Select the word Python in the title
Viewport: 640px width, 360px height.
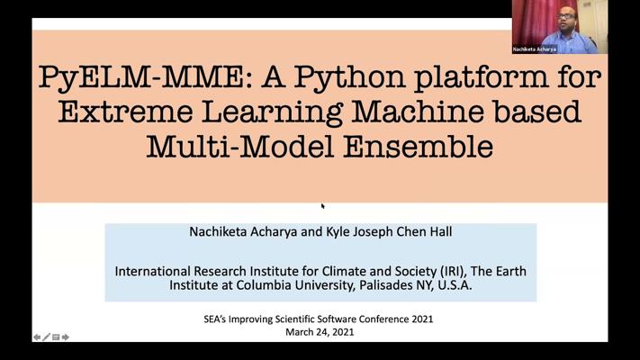[349, 77]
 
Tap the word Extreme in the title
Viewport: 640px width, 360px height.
[125, 112]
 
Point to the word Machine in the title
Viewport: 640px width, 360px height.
[418, 112]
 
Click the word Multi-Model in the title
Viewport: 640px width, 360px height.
[240, 147]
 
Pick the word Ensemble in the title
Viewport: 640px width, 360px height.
[418, 147]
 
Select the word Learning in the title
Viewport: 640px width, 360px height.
[272, 112]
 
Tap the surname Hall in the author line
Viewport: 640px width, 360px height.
[440, 231]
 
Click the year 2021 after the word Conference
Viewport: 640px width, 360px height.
[422, 319]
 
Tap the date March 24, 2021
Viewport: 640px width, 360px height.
[320, 332]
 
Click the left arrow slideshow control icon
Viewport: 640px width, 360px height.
[37, 337]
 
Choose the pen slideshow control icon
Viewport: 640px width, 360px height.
[46, 337]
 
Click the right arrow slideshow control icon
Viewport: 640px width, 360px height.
[66, 337]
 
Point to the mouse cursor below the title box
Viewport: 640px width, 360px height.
[322, 206]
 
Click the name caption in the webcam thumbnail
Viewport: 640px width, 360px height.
[535, 49]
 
